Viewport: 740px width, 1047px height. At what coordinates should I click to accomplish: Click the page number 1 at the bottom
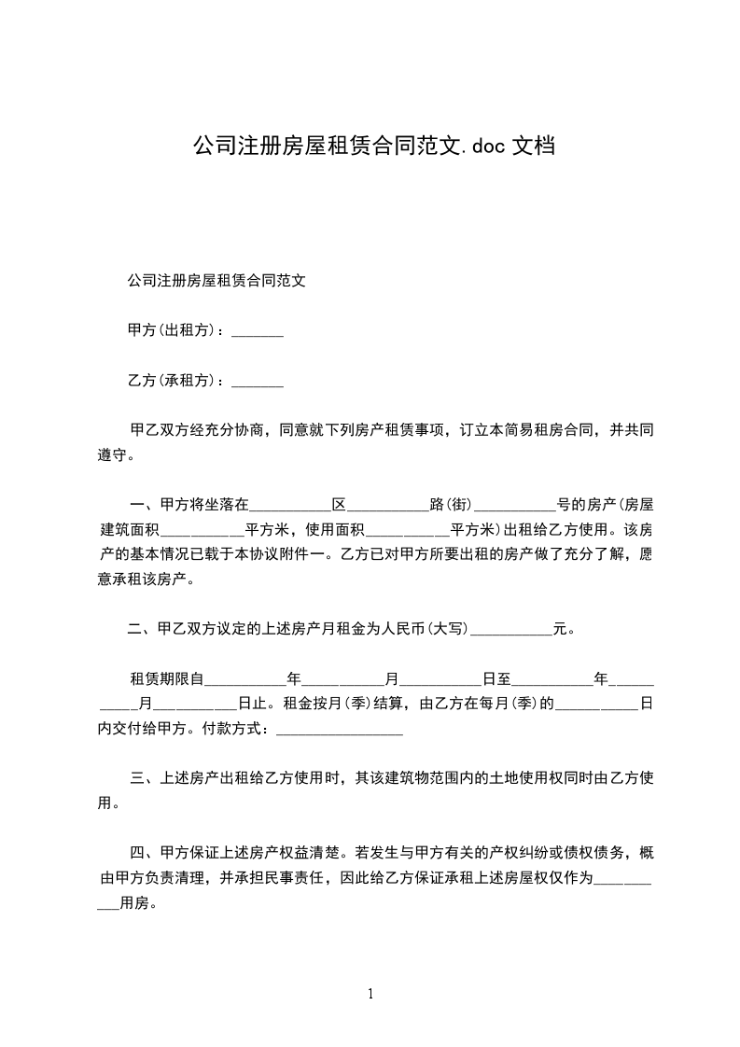[x=370, y=994]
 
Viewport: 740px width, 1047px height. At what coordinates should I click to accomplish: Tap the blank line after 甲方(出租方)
[x=257, y=331]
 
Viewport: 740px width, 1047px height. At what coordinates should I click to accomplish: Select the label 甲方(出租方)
[x=174, y=330]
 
